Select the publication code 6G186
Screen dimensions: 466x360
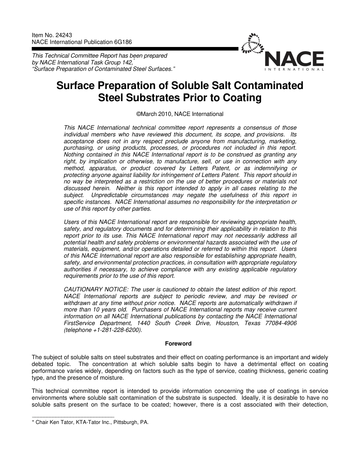122,42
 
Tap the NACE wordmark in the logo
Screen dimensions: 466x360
294,59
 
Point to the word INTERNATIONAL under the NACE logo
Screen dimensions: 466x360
294,70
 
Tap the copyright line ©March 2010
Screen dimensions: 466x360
180,114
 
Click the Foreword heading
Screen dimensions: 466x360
178,344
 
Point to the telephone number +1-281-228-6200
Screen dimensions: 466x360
117,330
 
